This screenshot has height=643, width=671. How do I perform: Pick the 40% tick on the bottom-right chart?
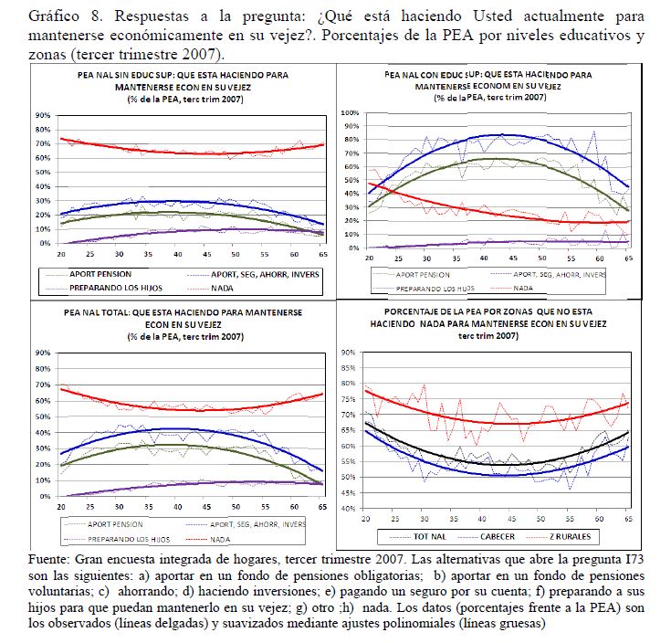click(348, 508)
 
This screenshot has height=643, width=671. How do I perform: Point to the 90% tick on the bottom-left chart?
click(42, 353)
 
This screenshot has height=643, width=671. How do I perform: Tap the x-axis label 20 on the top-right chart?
click(369, 258)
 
